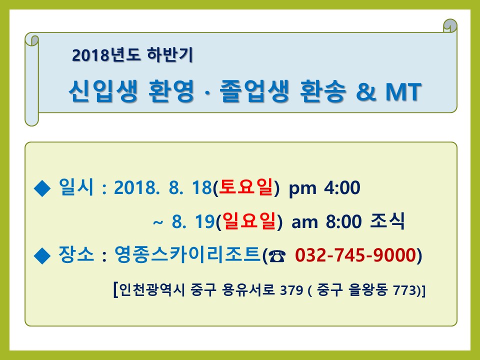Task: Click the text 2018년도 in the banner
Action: [106, 55]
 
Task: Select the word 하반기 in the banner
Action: [170, 55]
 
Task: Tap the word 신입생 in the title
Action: [103, 91]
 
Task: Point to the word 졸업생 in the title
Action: [254, 91]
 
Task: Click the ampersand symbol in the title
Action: [366, 91]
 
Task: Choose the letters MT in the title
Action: [403, 91]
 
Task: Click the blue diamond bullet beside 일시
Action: [42, 188]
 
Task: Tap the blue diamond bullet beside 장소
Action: [42, 255]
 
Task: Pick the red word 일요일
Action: [249, 220]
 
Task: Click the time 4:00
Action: [342, 187]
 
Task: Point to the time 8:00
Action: [344, 221]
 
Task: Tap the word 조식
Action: [387, 220]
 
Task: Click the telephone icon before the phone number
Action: [277, 256]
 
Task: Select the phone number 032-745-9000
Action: [355, 255]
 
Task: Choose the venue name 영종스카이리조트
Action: [187, 254]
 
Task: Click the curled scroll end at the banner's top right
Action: [450, 25]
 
